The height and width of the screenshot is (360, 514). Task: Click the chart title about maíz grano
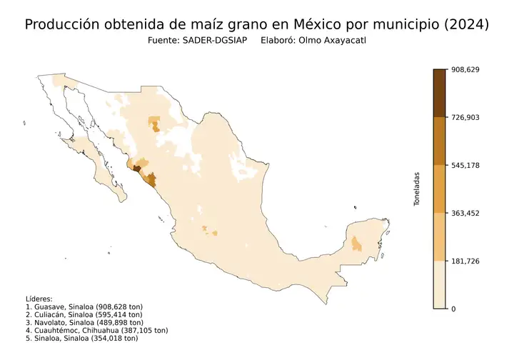pos(257,24)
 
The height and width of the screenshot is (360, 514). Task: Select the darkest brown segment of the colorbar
pos(439,93)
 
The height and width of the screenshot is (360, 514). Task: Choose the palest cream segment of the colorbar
pos(439,284)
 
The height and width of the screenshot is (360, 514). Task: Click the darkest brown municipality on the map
pos(136,169)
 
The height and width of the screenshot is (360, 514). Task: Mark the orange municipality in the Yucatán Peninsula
pos(356,244)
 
